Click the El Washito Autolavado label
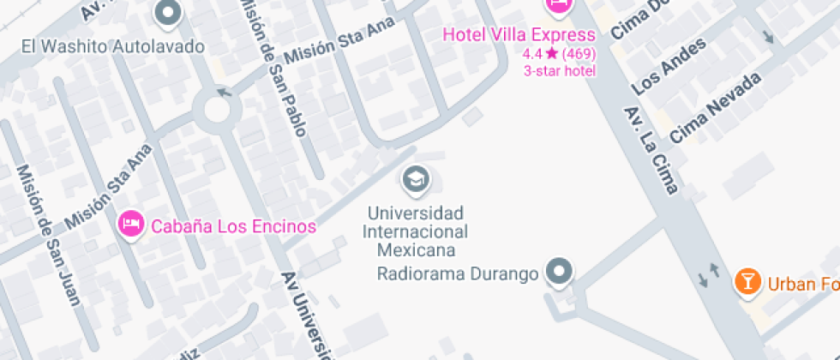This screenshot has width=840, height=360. (113, 45)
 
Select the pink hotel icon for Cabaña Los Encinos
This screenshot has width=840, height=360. (130, 225)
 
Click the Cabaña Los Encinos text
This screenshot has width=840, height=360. (233, 227)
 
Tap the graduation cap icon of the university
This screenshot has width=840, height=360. (416, 178)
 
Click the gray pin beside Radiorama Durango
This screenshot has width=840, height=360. (560, 271)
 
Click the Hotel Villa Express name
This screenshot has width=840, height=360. (519, 35)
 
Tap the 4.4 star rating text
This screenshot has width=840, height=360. (559, 53)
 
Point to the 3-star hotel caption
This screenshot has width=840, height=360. (559, 70)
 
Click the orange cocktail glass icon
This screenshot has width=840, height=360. (747, 280)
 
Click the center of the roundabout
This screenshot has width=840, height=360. (213, 110)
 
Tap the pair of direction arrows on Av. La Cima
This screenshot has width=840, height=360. (710, 275)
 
